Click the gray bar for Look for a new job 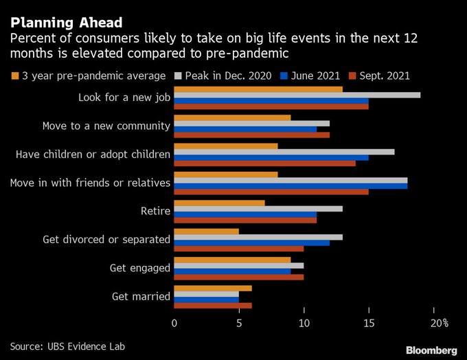click(297, 95)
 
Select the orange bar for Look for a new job click(258, 89)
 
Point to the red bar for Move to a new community click(251, 135)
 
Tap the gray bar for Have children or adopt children click(284, 151)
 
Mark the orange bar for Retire click(219, 203)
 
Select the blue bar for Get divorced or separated click(251, 242)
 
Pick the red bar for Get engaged click(238, 277)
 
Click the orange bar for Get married click(213, 288)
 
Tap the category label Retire click(155, 211)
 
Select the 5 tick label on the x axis click(239, 322)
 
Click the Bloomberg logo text click(431, 350)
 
